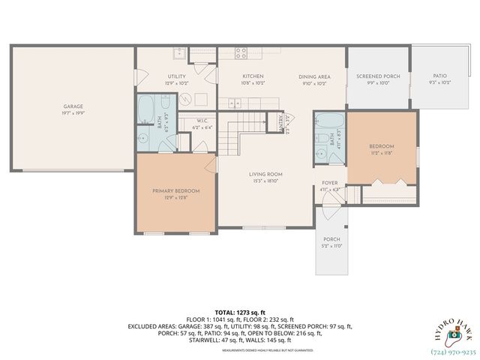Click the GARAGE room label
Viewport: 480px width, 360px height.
coord(73,106)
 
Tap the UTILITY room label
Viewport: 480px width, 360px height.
coord(177,76)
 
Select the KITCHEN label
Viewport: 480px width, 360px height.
coord(252,76)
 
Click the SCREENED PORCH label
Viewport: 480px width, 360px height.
coord(377,76)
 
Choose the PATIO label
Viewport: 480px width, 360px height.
coord(439,76)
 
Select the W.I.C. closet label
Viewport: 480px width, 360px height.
coord(202,121)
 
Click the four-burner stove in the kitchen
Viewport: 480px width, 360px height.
coord(242,52)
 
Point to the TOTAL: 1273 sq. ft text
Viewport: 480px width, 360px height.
coord(240,311)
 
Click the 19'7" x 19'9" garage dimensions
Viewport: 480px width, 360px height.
coord(73,114)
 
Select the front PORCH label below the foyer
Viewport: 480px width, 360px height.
coord(331,239)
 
